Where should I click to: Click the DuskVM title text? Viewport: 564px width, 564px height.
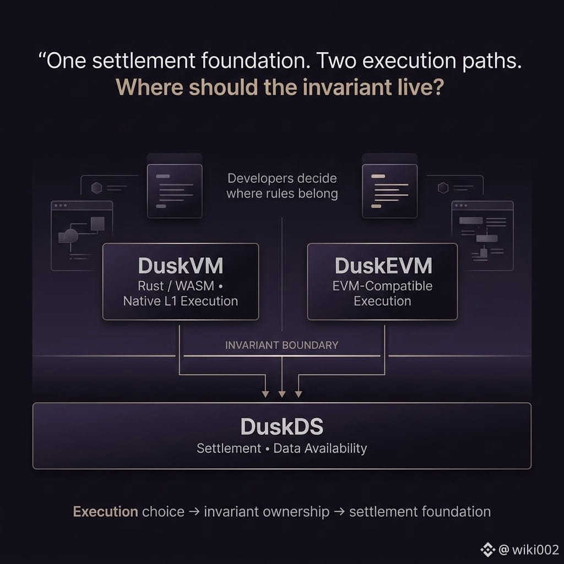click(181, 266)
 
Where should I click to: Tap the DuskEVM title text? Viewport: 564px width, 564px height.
click(383, 266)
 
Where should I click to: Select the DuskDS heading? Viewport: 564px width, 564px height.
click(282, 427)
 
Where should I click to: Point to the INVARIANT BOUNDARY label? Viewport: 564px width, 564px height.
click(281, 345)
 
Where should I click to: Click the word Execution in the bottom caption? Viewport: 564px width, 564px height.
click(105, 512)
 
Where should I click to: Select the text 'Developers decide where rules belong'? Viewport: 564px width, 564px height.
click(283, 186)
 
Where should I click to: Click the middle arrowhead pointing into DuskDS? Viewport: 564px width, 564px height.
click(282, 394)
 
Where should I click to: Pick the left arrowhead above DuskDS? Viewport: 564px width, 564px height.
click(265, 394)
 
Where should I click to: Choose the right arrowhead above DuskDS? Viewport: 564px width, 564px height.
click(299, 394)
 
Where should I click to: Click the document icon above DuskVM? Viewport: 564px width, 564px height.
click(175, 191)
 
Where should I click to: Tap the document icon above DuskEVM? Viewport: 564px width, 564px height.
click(390, 191)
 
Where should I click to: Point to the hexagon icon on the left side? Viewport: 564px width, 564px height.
click(96, 188)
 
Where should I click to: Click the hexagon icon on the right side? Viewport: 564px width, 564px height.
click(443, 188)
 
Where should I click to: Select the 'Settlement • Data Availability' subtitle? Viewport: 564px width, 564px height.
click(282, 448)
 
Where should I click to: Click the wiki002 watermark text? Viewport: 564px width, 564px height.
click(535, 550)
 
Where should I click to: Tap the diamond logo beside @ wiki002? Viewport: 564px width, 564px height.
click(488, 550)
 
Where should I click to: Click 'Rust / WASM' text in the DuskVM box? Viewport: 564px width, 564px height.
click(176, 286)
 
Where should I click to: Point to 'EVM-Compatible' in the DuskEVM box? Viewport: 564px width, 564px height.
click(382, 286)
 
